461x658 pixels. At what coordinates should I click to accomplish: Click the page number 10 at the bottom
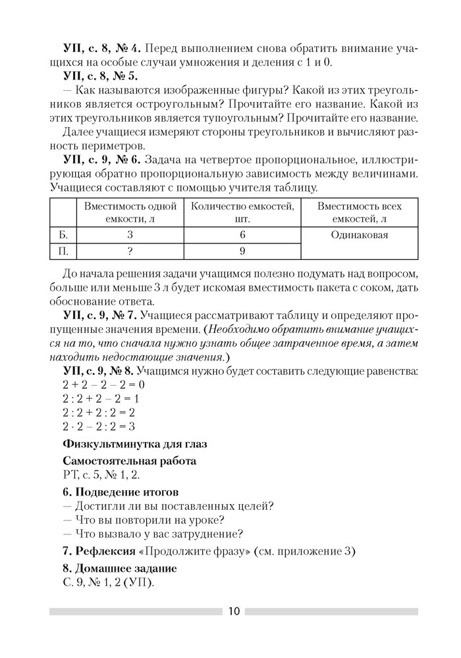234,611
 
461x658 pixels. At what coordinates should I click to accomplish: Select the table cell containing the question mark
130,250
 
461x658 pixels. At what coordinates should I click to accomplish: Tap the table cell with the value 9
242,250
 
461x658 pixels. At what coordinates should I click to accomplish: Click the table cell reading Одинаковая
359,235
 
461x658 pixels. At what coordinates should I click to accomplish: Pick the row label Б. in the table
63,234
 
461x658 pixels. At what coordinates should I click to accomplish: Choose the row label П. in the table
63,250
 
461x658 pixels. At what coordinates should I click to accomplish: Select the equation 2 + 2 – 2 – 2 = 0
103,384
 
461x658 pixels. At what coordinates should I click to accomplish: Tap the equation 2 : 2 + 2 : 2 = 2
99,413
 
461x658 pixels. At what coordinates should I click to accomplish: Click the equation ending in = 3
99,427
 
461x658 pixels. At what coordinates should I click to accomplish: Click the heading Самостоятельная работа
129,461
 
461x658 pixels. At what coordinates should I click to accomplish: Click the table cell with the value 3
130,234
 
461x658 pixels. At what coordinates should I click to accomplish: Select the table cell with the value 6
242,234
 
